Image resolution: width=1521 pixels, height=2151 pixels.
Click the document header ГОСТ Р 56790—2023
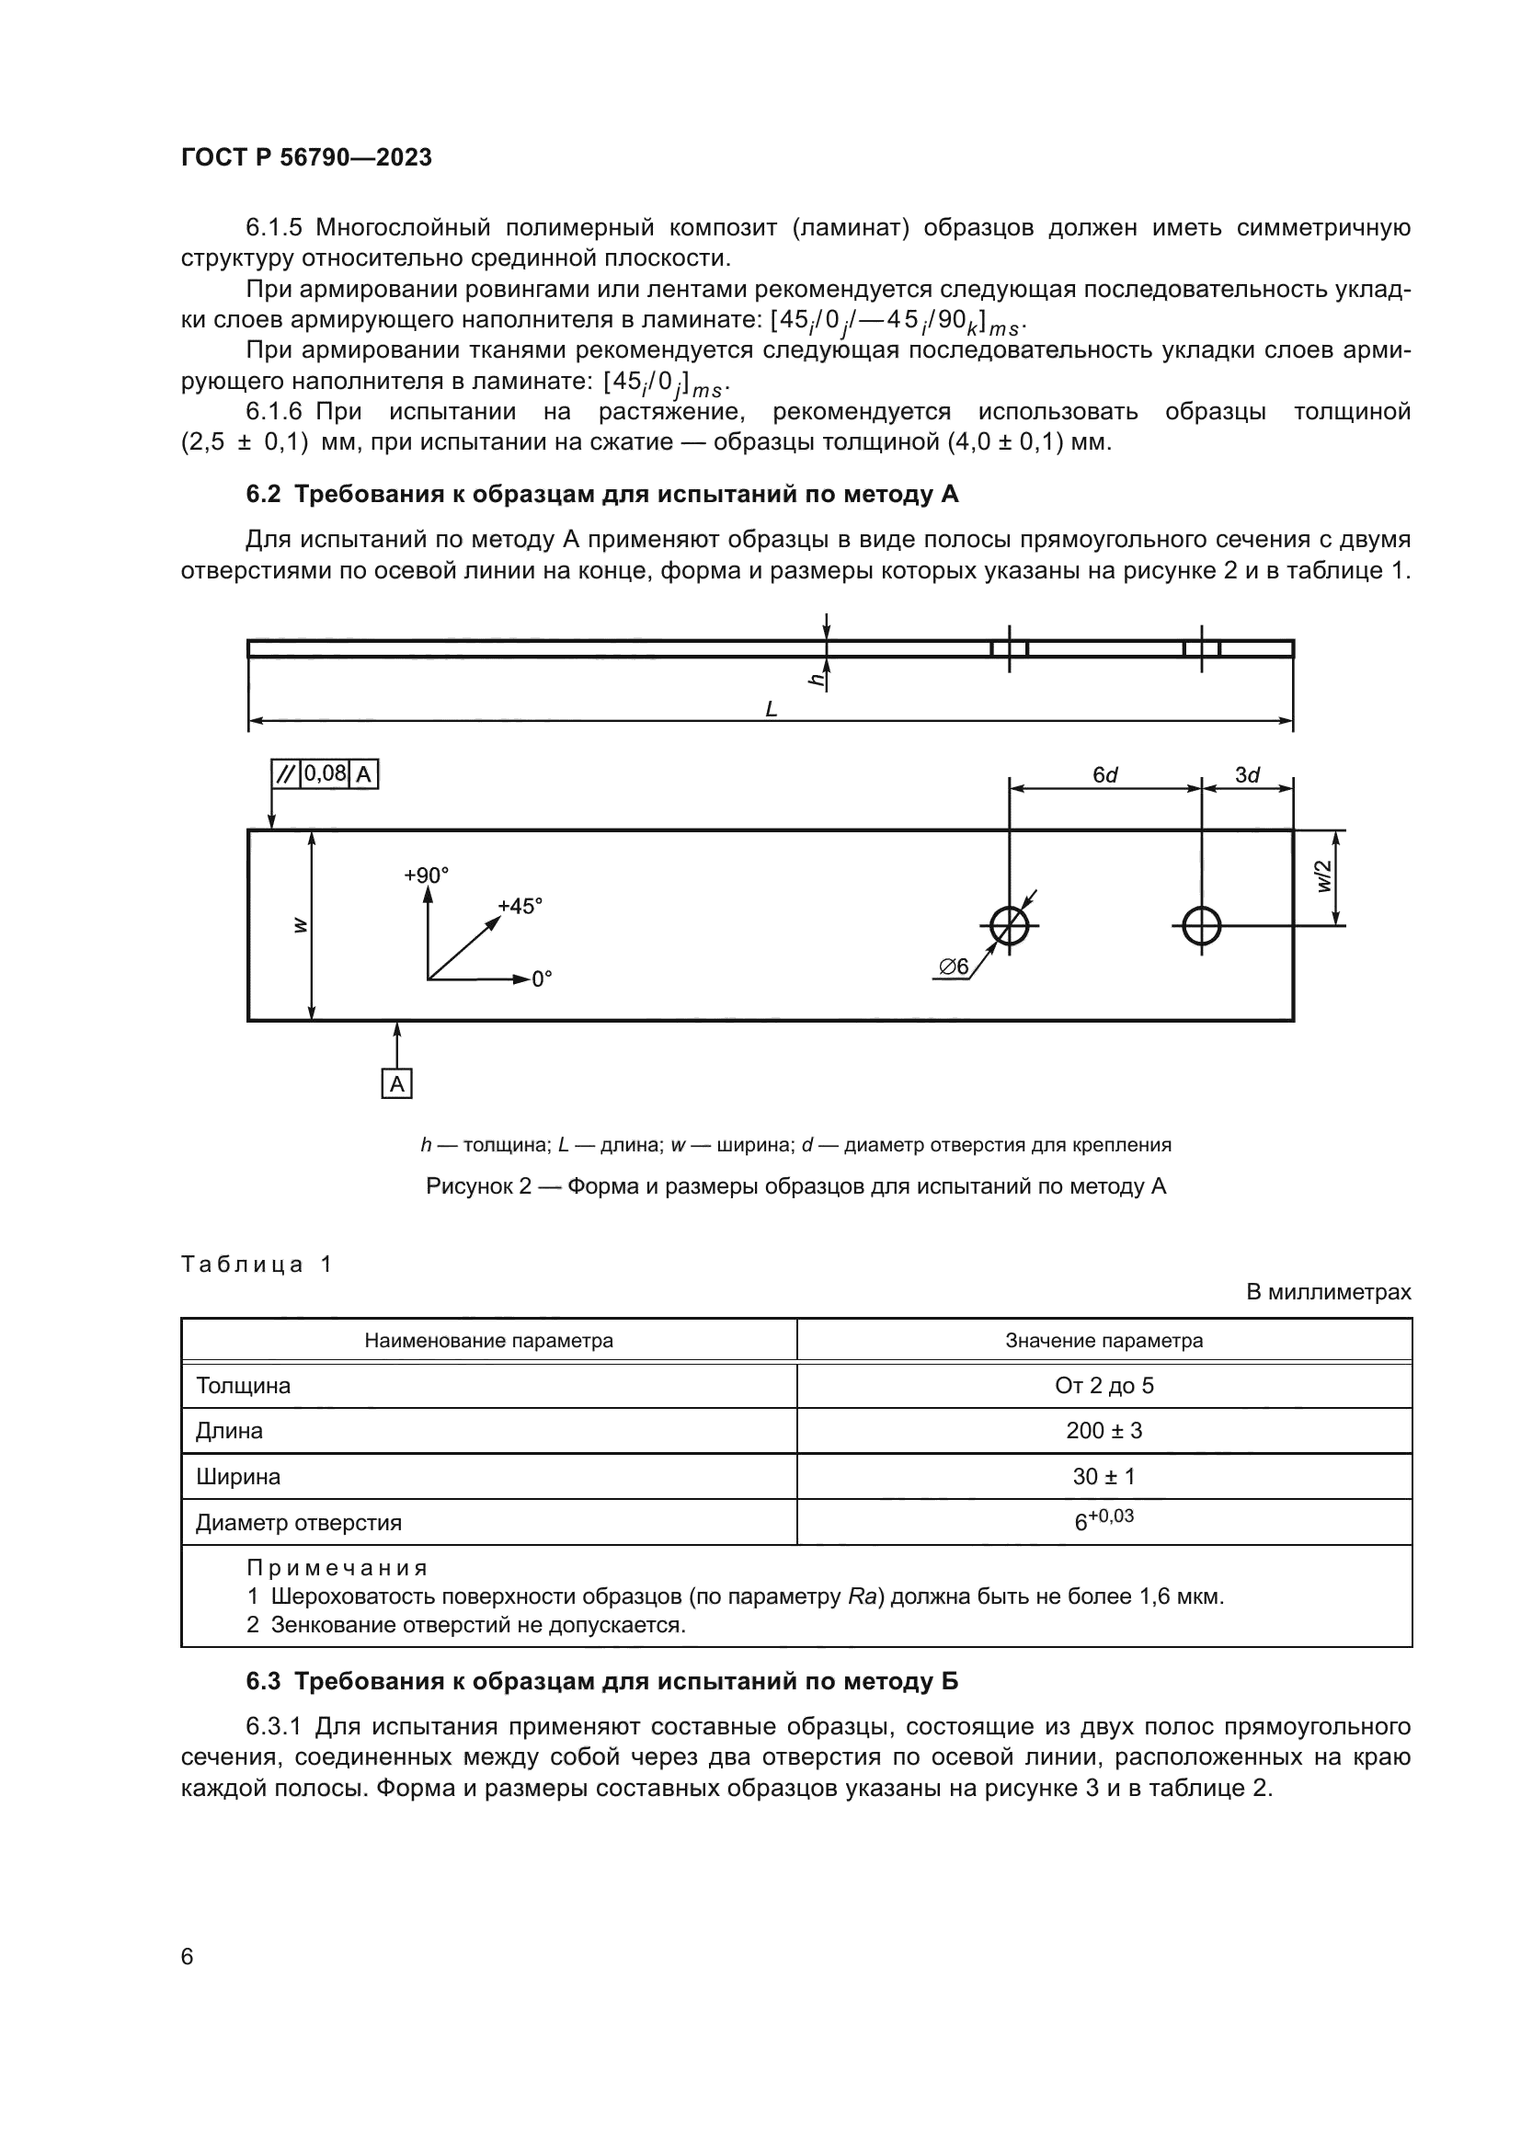306,157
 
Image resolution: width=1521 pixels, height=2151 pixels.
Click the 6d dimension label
1105,774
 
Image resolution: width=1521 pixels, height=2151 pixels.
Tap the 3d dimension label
1247,774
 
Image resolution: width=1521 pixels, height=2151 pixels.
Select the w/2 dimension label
1323,877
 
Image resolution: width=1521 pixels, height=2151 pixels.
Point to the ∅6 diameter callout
954,967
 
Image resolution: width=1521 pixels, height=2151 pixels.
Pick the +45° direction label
520,906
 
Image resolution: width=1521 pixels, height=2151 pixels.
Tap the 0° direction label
542,980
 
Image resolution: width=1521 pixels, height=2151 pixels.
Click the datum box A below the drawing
397,1084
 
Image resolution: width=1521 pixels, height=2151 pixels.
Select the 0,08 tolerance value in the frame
325,773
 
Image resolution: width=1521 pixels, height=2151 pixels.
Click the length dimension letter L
771,710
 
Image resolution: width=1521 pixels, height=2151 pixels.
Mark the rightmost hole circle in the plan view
1201,926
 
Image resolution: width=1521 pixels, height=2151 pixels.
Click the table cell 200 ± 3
1104,1431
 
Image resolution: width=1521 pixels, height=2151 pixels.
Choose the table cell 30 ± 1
1104,1477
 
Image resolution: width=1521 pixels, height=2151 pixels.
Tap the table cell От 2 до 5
1104,1385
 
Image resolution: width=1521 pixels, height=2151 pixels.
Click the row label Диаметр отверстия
298,1522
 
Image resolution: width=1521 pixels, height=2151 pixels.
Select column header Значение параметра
1104,1341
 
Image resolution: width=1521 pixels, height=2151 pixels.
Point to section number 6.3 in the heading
263,1681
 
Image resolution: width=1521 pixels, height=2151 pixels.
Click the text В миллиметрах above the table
1327,1292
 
